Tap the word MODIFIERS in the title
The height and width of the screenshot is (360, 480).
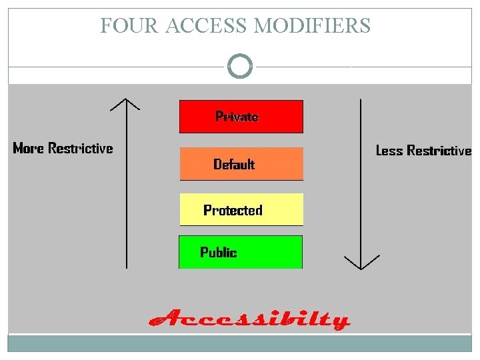pos(313,26)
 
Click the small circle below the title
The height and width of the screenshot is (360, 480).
pos(240,67)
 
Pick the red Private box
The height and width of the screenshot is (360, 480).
pos(241,117)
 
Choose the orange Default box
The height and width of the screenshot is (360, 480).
pos(241,164)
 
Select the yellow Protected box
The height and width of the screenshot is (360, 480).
pos(241,210)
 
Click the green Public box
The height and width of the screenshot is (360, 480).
pos(241,252)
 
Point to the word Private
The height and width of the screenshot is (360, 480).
pos(237,117)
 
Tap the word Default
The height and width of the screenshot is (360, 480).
pos(234,164)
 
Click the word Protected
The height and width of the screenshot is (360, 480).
pos(233,211)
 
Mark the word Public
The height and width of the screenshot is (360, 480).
pos(219,253)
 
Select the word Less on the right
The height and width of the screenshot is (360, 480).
pos(390,151)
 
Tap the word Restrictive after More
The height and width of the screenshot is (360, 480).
pos(80,148)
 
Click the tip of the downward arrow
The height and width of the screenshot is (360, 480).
pos(361,268)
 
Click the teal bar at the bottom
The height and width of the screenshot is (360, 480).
pos(240,343)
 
